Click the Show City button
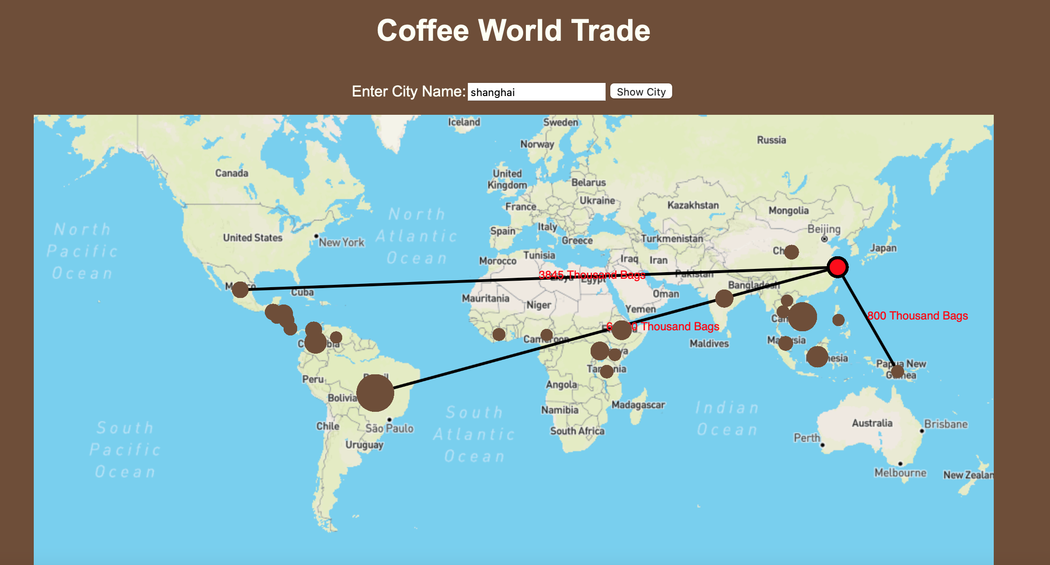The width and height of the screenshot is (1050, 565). [641, 91]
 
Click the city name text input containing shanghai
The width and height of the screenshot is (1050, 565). [536, 92]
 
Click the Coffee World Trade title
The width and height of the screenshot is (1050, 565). [513, 30]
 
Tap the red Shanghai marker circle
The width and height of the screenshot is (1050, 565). [837, 267]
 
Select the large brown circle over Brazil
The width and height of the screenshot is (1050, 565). [375, 393]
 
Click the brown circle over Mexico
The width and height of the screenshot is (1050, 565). [240, 290]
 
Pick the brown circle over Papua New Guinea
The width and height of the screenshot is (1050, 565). [897, 372]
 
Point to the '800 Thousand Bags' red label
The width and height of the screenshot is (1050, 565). [917, 316]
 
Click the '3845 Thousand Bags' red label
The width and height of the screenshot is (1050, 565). [592, 275]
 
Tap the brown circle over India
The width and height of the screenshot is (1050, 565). [724, 298]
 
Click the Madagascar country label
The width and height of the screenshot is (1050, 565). [638, 405]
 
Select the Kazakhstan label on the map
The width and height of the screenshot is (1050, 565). [693, 205]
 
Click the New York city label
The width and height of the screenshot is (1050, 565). [341, 242]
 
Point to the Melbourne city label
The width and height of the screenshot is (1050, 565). [900, 473]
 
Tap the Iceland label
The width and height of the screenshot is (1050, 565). [464, 122]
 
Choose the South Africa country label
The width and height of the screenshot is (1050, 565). [577, 431]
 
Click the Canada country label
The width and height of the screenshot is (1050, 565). [232, 173]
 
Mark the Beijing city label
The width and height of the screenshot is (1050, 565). [824, 229]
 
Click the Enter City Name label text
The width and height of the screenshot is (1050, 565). [408, 91]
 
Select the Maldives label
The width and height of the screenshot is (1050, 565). [709, 343]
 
